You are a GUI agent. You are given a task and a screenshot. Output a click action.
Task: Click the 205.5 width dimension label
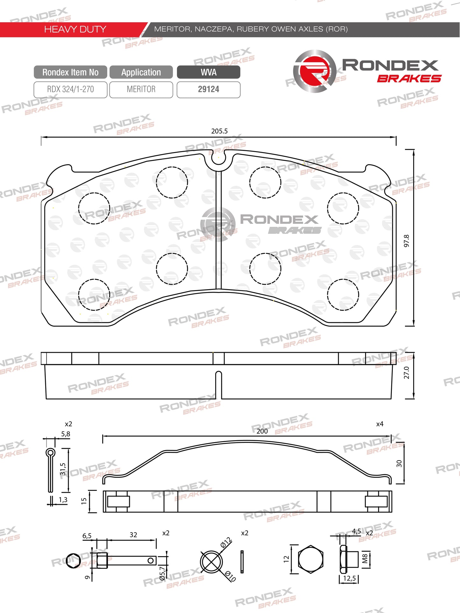coord(219,131)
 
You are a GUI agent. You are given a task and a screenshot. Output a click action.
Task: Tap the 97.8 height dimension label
coord(407,241)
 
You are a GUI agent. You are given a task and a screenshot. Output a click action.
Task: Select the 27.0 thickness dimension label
coord(407,373)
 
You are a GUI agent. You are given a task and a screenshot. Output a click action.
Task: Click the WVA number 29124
coord(209,89)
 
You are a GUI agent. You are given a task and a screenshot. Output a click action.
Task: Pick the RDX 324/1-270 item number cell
coord(70,89)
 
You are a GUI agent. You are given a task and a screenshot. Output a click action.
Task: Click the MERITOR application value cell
coord(141,89)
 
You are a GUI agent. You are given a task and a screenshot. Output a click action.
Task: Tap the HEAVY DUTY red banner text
coord(75,29)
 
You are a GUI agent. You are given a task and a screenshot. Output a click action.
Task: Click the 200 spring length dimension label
coord(262,431)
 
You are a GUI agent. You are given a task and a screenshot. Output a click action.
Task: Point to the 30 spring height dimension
coord(399,463)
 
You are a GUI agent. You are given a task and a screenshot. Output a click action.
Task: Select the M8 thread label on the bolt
coord(365,558)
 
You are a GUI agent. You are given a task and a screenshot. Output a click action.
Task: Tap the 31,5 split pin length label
coord(63,469)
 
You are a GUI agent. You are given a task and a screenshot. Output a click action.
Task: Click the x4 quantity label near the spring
coord(379,424)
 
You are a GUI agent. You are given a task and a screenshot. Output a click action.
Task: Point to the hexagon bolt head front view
coord(311,559)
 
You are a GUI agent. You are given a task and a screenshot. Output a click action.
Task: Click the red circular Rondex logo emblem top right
coord(315,71)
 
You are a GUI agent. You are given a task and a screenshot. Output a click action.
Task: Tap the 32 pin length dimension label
coord(133,535)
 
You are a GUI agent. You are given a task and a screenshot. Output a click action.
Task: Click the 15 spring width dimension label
coord(84,501)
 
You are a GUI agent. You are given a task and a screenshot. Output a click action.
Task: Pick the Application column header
coord(141,72)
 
